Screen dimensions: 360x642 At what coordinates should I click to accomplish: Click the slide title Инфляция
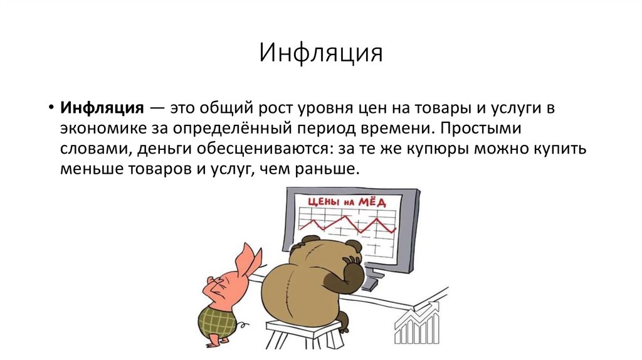[x=320, y=54]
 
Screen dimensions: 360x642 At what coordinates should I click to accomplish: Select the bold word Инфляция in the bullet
[x=103, y=107]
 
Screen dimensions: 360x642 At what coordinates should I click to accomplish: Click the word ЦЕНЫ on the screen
[x=324, y=201]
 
